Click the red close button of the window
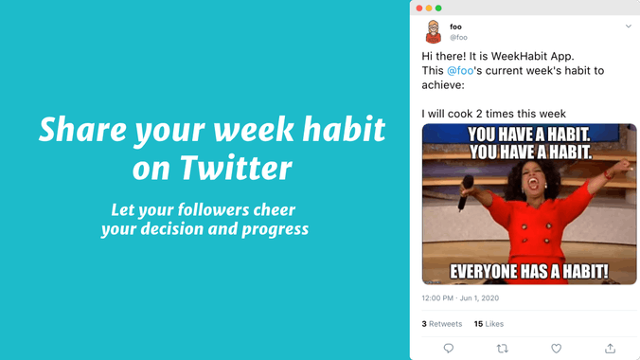(x=419, y=8)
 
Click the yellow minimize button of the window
(x=429, y=8)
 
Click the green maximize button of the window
(x=438, y=8)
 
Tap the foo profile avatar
(x=433, y=31)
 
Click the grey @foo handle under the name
(x=458, y=38)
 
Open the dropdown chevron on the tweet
(x=628, y=27)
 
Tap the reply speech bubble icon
(x=449, y=348)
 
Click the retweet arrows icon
(x=502, y=348)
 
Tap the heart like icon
(x=556, y=348)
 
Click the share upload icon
(x=610, y=348)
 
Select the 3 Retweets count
(x=442, y=323)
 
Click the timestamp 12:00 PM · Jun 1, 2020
(x=460, y=297)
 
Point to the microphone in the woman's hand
(x=466, y=189)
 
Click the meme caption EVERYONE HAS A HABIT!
(x=529, y=272)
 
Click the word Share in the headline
(x=77, y=129)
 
